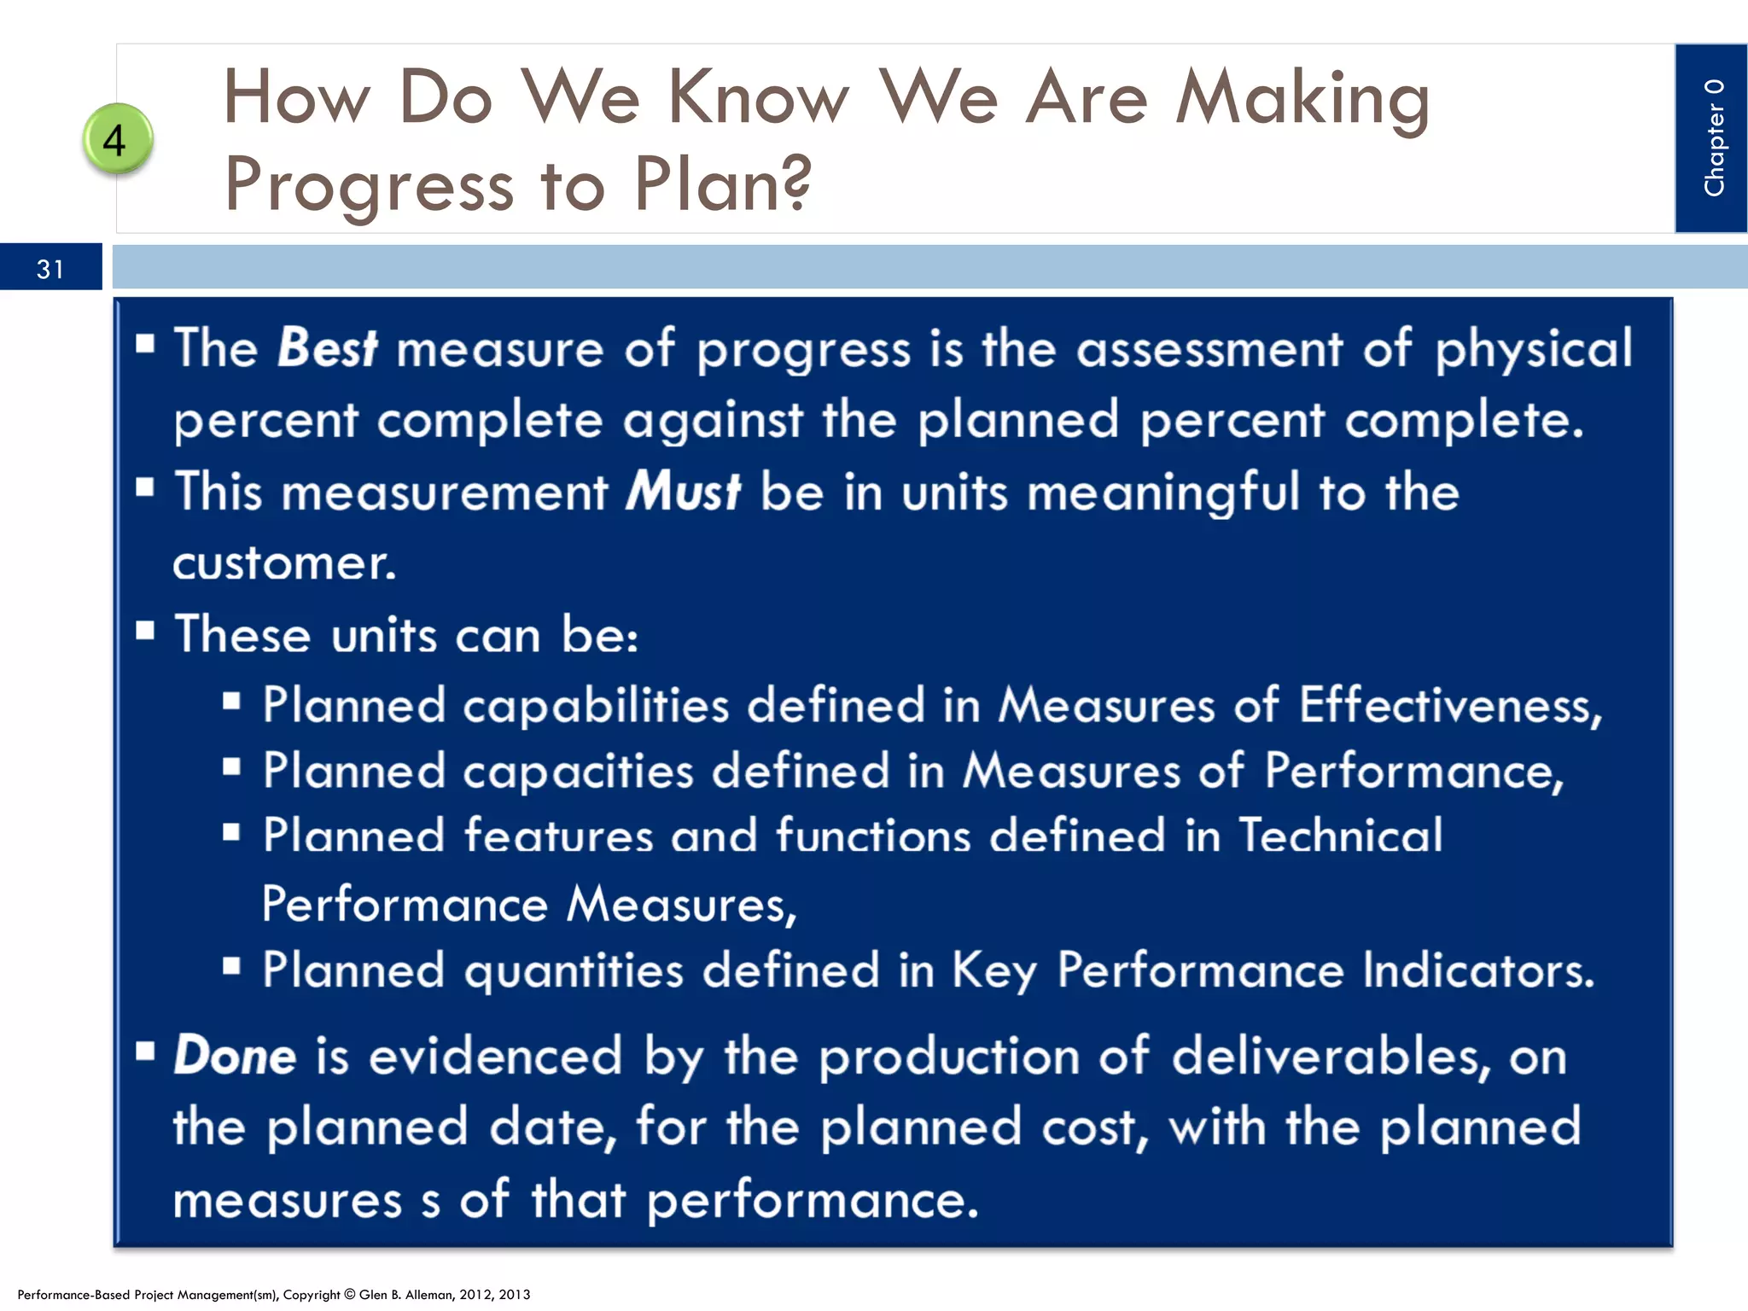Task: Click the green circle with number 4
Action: (x=118, y=139)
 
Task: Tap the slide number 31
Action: (x=50, y=269)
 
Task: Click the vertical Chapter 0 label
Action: (x=1713, y=137)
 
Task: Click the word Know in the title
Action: (x=758, y=98)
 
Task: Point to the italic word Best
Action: (x=328, y=348)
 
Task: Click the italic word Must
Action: (x=683, y=492)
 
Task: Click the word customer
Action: (x=284, y=563)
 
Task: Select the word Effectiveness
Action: (x=1449, y=706)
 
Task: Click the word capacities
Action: (x=578, y=771)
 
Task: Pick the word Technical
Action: (x=1340, y=835)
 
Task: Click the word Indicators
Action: (x=1477, y=970)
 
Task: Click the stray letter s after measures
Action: (x=430, y=1200)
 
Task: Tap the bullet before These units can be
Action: (x=145, y=632)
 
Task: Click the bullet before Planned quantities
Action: (x=231, y=966)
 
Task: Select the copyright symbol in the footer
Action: (x=350, y=1294)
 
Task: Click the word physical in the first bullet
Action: (x=1533, y=348)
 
